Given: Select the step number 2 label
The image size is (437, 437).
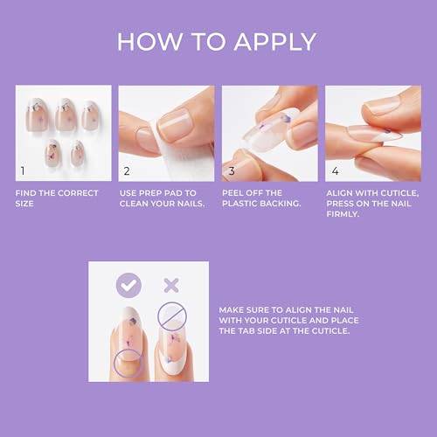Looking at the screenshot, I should [127, 171].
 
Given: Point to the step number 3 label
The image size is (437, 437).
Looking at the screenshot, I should [231, 171].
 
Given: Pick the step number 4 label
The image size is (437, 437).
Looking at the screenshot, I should [334, 171].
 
